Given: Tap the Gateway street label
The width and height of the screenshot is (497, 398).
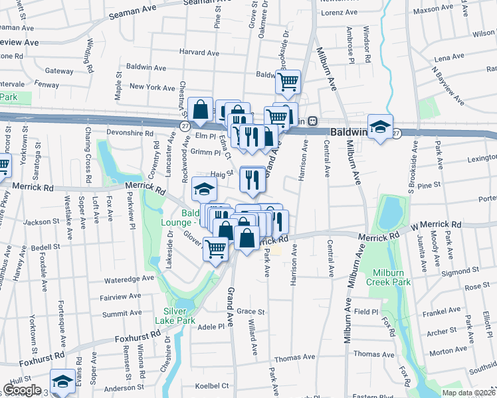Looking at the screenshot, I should coord(59,71).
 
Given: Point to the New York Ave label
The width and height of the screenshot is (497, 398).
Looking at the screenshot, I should coord(152,87).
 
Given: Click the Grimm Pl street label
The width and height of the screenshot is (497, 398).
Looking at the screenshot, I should coord(206,152).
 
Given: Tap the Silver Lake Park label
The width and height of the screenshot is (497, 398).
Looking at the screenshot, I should coord(176,315).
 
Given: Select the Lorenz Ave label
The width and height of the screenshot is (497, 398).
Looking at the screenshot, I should coord(340,13).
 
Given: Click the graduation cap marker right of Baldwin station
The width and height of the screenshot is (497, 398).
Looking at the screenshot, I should coord(380,127).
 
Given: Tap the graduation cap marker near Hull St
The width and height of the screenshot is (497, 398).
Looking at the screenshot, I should coord(62,382).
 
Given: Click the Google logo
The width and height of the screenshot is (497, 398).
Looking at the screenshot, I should coord(22,390).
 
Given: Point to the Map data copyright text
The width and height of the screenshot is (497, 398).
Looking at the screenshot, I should coord(468,393).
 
